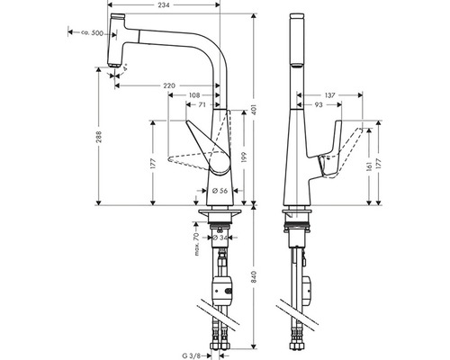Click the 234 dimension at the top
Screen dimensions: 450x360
[x=164, y=4]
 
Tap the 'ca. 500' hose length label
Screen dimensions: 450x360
[x=92, y=32]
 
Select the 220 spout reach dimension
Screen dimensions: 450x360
[x=169, y=85]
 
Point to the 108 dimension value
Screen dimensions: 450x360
[x=194, y=95]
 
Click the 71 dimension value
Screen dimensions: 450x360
[x=202, y=104]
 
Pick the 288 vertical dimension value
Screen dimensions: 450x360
[x=99, y=137]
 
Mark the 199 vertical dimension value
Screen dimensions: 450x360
[x=244, y=157]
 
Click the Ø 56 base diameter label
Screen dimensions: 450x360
[x=220, y=191]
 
